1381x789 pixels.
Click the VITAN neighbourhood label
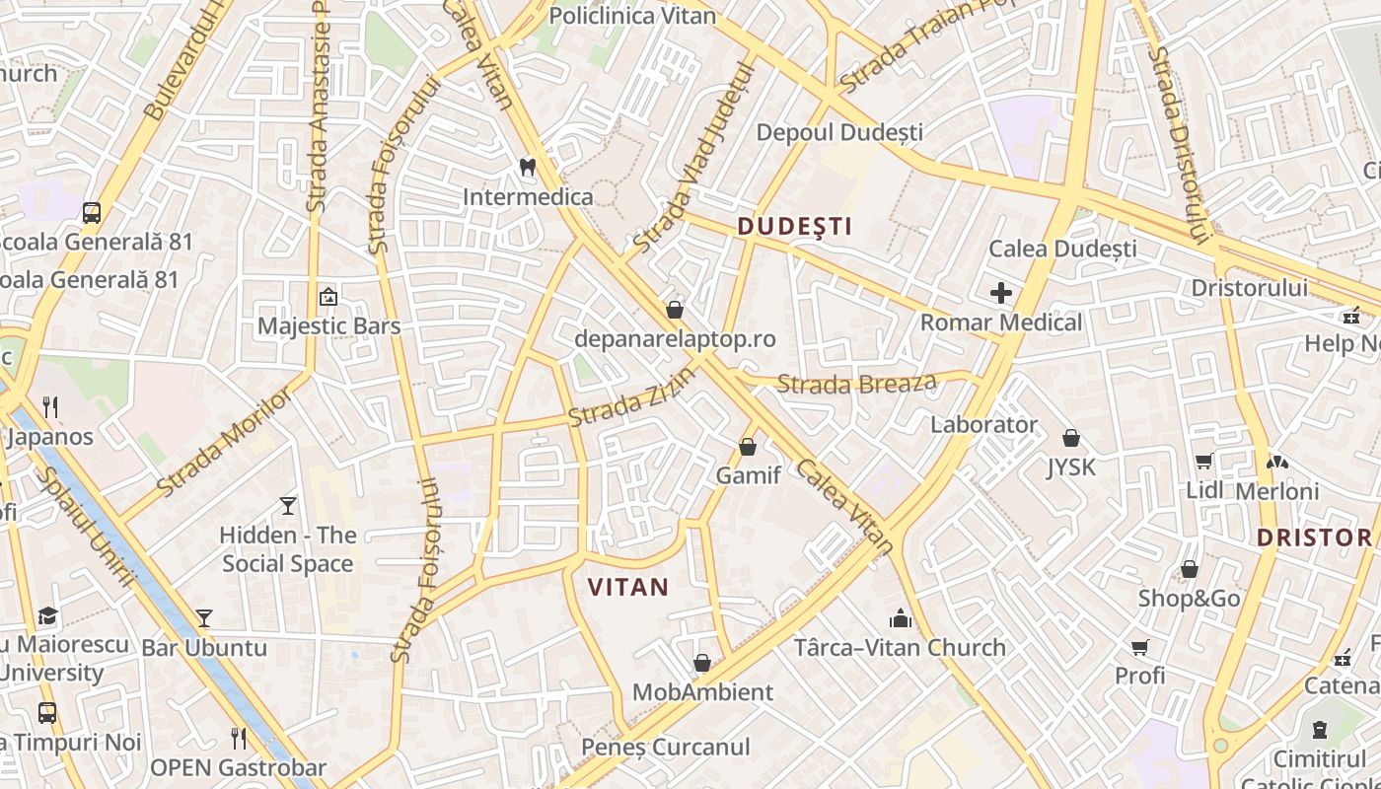tap(628, 588)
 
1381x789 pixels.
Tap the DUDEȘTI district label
tap(795, 227)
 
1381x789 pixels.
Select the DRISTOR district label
tap(1314, 538)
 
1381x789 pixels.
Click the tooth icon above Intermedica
tap(528, 168)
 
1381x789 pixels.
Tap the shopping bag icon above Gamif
tap(748, 448)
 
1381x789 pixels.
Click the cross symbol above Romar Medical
tap(1001, 293)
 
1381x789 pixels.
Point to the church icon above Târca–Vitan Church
tap(900, 619)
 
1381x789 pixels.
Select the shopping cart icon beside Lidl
tap(1203, 461)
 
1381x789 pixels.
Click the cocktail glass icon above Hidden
tap(287, 506)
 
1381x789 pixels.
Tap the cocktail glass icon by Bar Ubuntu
tap(204, 618)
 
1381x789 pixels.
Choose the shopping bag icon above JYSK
tap(1071, 438)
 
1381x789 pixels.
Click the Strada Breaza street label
tap(856, 383)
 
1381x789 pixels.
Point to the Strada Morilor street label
tap(225, 440)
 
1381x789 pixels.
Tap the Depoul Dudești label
tap(839, 132)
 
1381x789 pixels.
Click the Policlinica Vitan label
tap(632, 16)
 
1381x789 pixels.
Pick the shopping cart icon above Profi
tap(1140, 647)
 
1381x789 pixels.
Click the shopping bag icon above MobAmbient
tap(702, 663)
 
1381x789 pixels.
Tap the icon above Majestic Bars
tap(328, 297)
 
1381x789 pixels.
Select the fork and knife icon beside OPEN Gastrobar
tap(238, 739)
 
